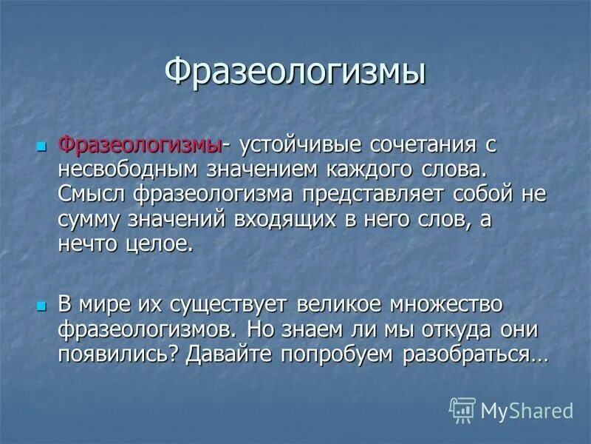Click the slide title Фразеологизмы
pos(295,74)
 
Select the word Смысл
pos(92,193)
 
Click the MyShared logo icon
pos(462,409)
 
